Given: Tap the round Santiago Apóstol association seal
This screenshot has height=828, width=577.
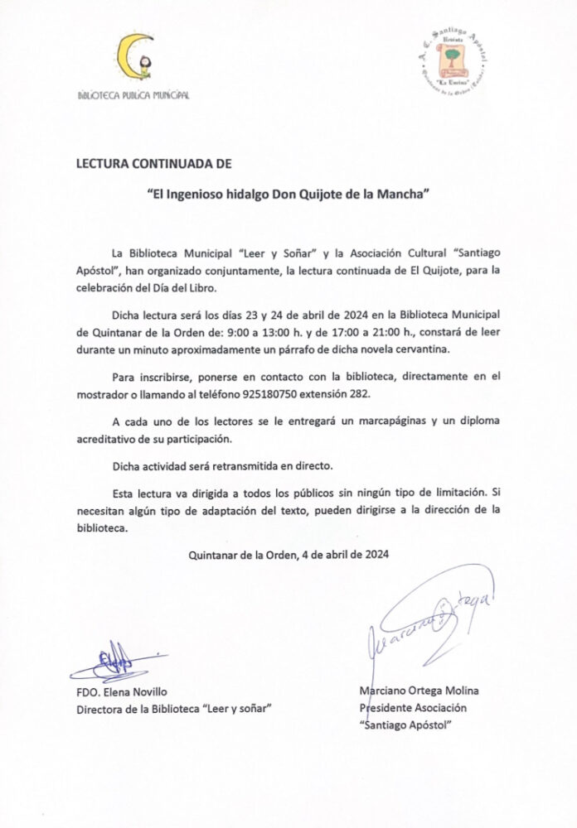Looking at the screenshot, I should pos(453,62).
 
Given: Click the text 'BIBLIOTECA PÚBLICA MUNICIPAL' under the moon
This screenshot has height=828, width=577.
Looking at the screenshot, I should pos(133,95).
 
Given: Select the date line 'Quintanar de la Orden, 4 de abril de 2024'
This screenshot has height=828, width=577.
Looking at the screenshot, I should pos(289,555).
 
